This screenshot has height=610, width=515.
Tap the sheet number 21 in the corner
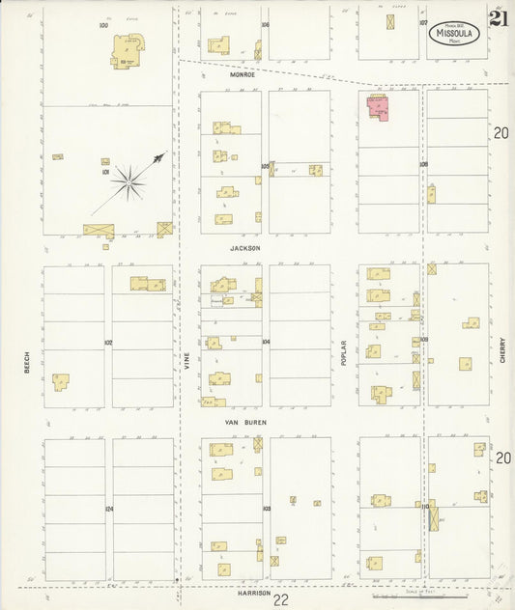point(500,19)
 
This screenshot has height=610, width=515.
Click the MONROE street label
point(243,74)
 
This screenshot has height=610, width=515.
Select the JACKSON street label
point(245,249)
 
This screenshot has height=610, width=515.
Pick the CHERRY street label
point(503,348)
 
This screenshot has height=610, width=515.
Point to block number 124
point(109,509)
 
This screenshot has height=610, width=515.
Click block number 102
point(108,342)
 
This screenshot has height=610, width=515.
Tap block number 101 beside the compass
point(104,174)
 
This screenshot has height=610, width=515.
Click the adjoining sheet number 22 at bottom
point(280,600)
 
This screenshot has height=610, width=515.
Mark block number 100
point(103,25)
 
